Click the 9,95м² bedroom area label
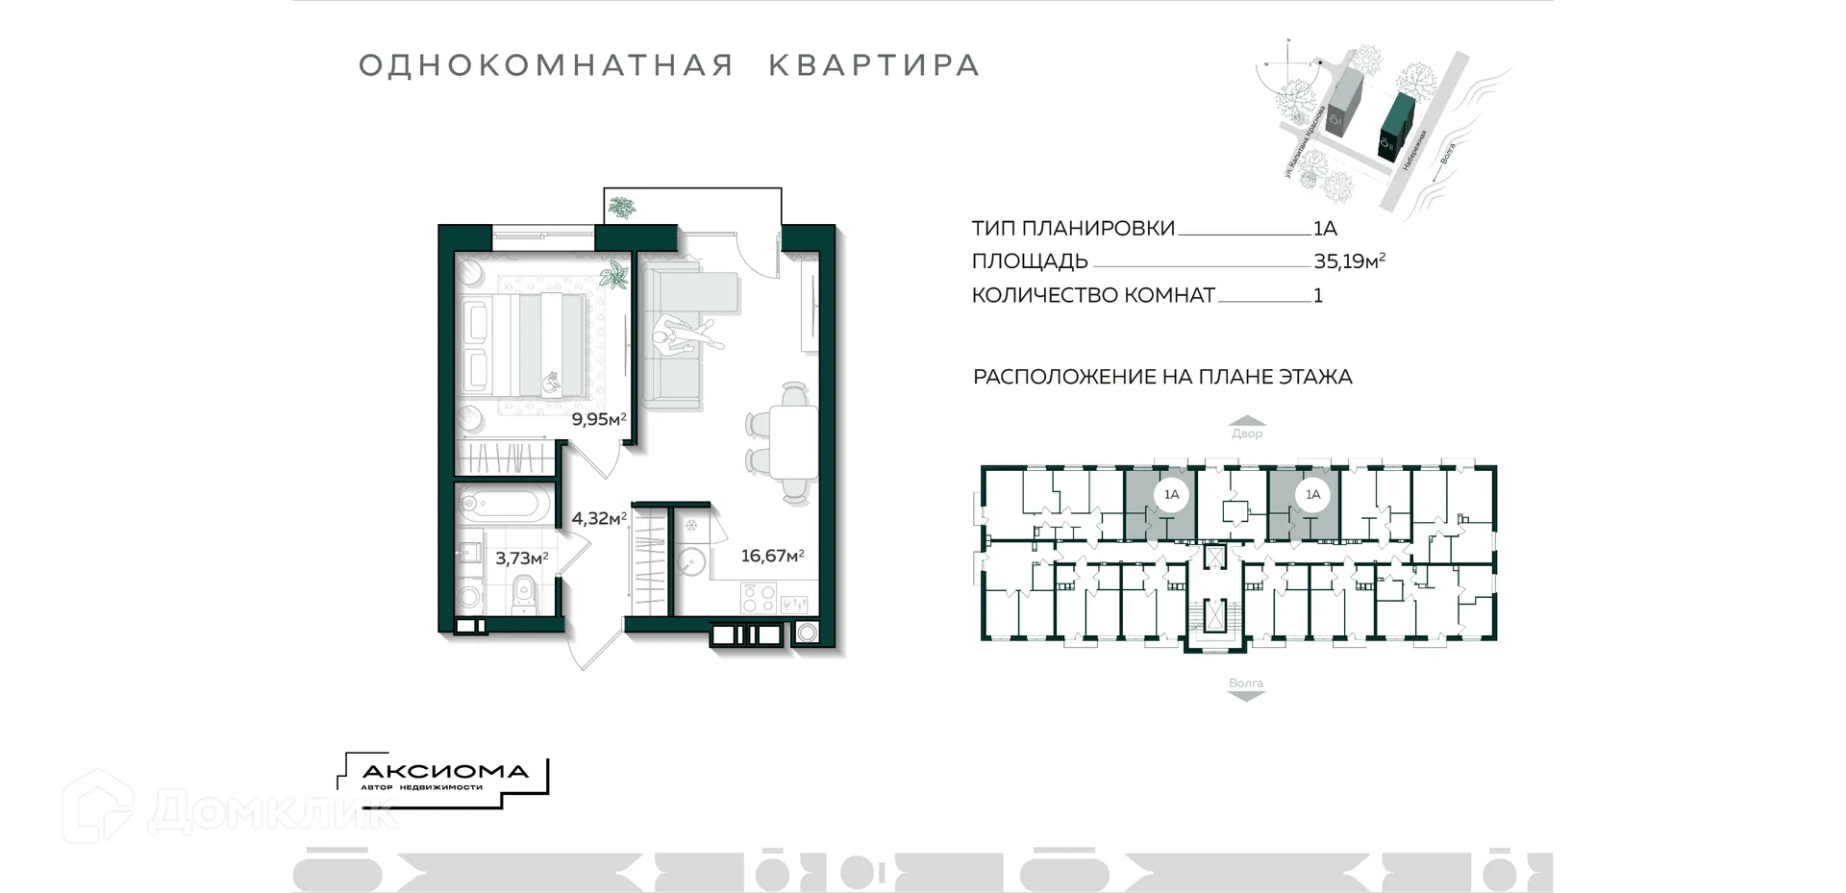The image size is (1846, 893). pos(598,419)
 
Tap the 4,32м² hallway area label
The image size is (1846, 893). pos(598,518)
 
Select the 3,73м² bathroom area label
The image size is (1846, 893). pos(521,558)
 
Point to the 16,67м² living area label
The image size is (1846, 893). pos(771,556)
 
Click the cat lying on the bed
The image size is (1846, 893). pos(551,384)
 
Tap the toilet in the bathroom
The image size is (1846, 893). pos(523,593)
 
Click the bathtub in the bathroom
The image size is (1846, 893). pos(505,504)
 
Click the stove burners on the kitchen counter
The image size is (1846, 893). pos(758,599)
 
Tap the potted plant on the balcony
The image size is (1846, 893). pos(622,207)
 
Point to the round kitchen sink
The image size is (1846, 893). pos(689,561)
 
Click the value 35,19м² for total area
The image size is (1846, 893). pos(1348,260)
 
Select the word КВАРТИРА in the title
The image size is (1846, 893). pos(873,65)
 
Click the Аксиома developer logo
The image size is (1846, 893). pos(444,775)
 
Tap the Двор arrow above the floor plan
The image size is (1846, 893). pos(1247,427)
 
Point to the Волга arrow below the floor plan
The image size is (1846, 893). pos(1246,689)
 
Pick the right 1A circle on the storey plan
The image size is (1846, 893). pos(1312,495)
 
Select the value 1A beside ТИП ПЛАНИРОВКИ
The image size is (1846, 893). pos(1325,228)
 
